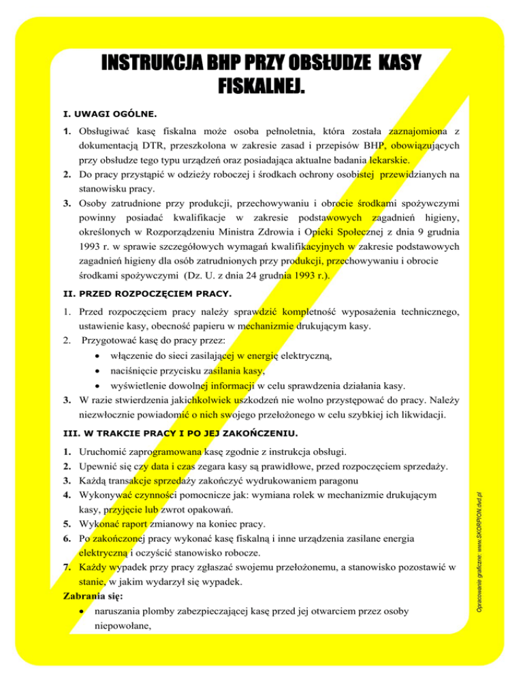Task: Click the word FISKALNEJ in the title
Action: coord(261,87)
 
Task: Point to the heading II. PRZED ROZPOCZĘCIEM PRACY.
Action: coord(145,294)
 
